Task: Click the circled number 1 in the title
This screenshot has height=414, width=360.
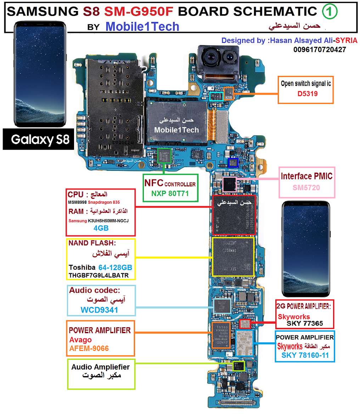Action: (330, 12)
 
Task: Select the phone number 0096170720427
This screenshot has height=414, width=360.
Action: (320, 50)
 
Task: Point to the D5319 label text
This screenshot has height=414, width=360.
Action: (307, 94)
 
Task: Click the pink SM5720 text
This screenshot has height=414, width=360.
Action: (306, 188)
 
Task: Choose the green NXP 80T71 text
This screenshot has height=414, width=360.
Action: (170, 194)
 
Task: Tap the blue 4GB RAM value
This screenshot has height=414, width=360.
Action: (101, 228)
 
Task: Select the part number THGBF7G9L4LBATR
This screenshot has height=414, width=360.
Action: (99, 275)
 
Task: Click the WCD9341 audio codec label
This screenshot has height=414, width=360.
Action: (99, 310)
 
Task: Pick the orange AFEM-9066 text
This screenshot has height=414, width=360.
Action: (89, 348)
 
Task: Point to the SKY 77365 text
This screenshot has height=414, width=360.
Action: (305, 324)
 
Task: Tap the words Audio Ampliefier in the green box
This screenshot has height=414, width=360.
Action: (101, 367)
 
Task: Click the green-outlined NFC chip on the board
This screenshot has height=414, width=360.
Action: (164, 155)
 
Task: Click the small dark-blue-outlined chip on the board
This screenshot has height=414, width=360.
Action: (233, 163)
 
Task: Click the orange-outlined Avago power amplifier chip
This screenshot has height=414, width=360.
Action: (221, 335)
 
